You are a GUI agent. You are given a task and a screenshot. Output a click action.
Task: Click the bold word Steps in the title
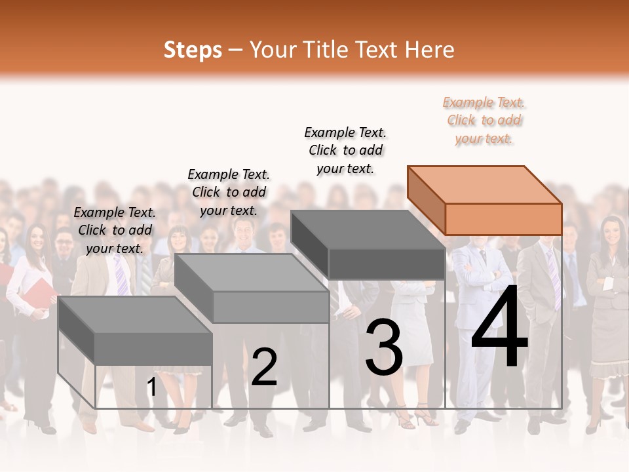pyautogui.click(x=193, y=50)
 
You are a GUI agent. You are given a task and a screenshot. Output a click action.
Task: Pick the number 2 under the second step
pyautogui.click(x=264, y=367)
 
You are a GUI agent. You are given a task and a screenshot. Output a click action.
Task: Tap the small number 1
pyautogui.click(x=152, y=387)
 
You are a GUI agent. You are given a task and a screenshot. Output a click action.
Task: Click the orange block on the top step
pyautogui.click(x=485, y=200)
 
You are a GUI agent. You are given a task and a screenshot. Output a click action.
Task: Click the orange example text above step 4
pyautogui.click(x=484, y=120)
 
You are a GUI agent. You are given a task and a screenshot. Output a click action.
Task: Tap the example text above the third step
pyautogui.click(x=345, y=150)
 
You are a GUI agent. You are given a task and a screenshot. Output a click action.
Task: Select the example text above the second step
pyautogui.click(x=229, y=192)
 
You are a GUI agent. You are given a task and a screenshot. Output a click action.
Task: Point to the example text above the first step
pyautogui.click(x=115, y=230)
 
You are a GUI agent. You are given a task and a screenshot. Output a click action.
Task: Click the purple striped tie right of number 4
pyautogui.click(x=554, y=279)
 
